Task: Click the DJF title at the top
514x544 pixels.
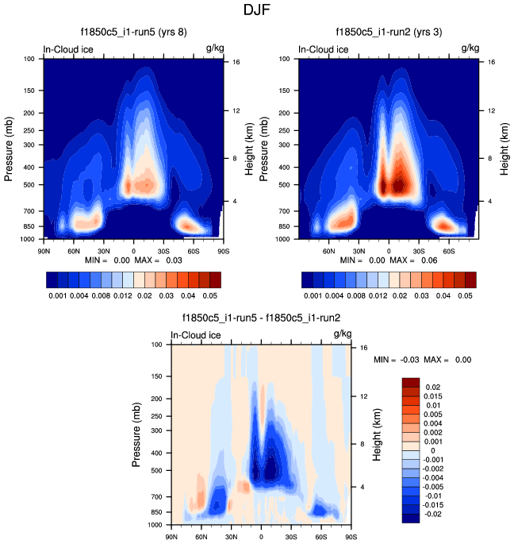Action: [x=256, y=11]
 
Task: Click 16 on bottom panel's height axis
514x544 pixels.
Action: [x=362, y=347]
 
